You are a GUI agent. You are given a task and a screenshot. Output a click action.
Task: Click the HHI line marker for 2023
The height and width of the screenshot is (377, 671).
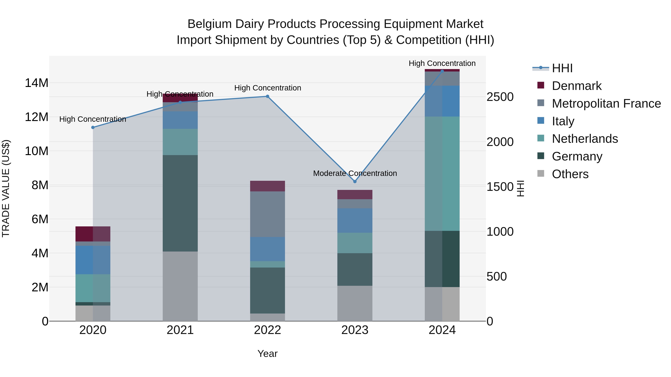(355, 181)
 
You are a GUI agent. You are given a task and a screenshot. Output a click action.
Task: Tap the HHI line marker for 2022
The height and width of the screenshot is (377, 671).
(267, 96)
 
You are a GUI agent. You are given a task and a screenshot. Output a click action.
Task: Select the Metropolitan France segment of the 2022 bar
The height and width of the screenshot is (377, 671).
(267, 214)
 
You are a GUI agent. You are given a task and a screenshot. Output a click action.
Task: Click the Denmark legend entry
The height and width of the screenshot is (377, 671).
(577, 86)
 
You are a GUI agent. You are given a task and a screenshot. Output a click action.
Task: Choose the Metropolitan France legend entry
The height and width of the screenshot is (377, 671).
(606, 104)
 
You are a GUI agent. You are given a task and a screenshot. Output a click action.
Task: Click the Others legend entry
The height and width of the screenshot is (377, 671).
(570, 174)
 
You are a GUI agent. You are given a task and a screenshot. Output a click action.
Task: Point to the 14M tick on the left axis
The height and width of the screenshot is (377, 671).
(37, 83)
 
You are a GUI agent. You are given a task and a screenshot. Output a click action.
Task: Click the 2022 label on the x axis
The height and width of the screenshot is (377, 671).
(267, 330)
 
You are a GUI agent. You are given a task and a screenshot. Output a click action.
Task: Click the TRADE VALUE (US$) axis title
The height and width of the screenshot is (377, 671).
(6, 188)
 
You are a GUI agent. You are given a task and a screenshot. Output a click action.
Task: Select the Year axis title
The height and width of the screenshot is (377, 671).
(267, 354)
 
